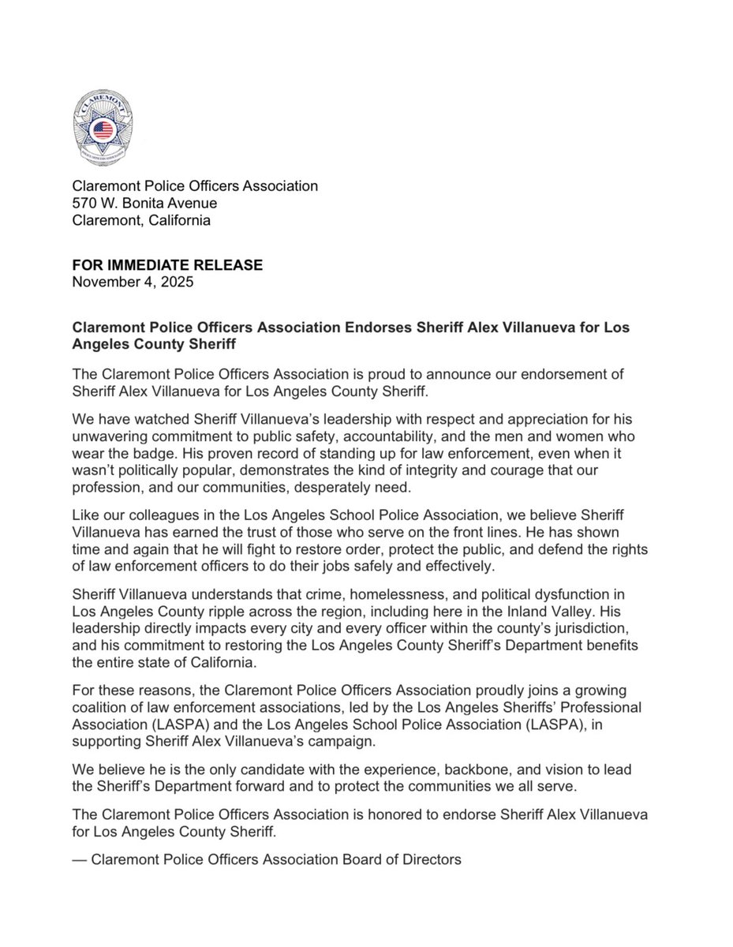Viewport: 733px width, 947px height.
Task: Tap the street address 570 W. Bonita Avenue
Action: pyautogui.click(x=144, y=204)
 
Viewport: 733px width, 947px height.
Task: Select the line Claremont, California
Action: pyautogui.click(x=141, y=221)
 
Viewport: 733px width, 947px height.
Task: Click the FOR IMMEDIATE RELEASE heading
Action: pyautogui.click(x=167, y=265)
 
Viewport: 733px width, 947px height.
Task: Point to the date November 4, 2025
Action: pyautogui.click(x=132, y=282)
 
